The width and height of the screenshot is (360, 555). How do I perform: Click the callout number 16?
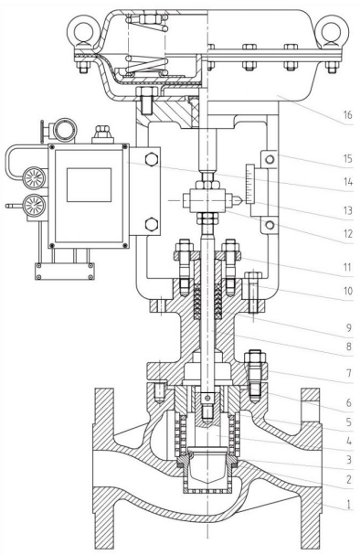[347, 114]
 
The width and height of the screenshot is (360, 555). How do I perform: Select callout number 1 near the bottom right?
[348, 504]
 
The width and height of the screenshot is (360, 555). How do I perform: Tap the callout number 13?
[348, 210]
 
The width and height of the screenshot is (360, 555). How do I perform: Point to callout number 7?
[349, 373]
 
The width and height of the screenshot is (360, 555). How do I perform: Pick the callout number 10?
[348, 291]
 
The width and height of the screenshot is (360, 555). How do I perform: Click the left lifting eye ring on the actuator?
[82, 30]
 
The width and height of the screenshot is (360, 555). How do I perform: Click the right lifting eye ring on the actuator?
[334, 30]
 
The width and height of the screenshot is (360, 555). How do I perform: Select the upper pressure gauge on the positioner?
[35, 177]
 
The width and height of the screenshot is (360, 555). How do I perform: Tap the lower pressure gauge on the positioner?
[34, 205]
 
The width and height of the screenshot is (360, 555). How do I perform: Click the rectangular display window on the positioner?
[90, 185]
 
